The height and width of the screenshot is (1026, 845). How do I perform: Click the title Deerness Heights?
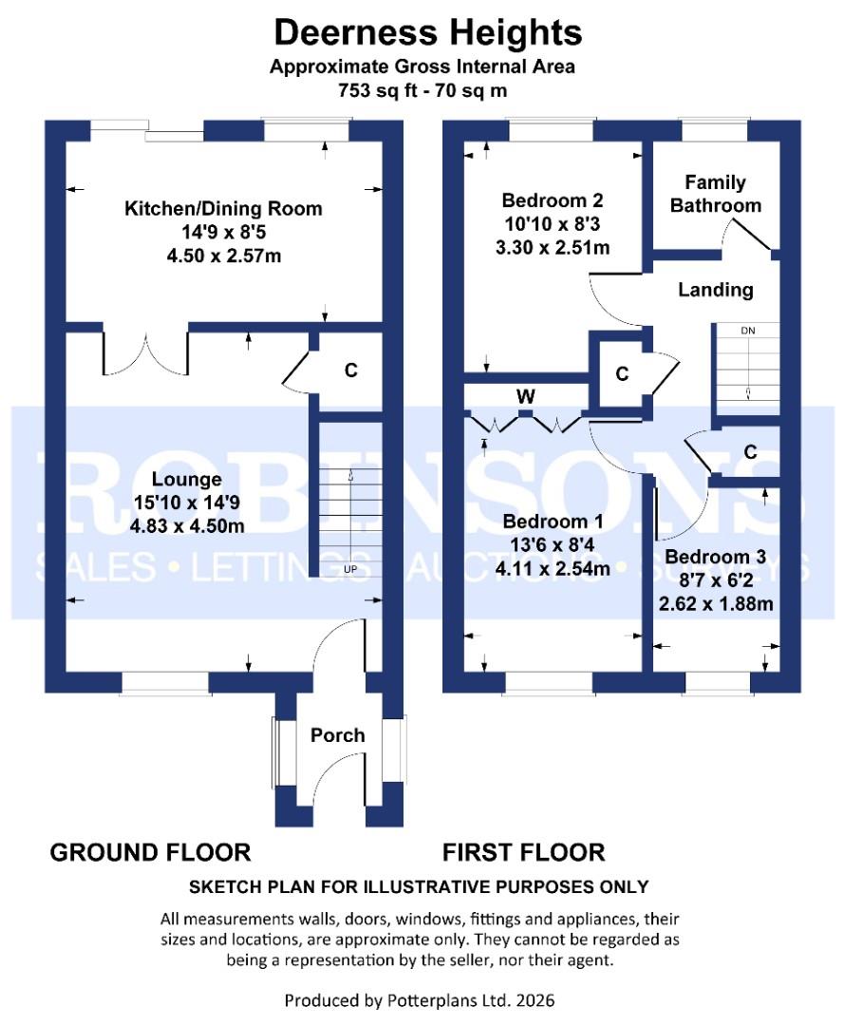(x=427, y=33)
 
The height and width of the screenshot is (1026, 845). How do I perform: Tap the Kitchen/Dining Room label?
(x=224, y=208)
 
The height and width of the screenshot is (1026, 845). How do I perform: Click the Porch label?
(x=337, y=735)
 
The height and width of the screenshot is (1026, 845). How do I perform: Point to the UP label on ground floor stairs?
(x=350, y=570)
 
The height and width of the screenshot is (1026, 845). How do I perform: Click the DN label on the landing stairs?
(x=747, y=331)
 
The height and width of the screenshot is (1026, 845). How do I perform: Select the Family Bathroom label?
(x=716, y=193)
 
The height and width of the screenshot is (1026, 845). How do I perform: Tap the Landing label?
(x=715, y=290)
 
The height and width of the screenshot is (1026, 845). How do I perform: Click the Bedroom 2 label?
(x=552, y=200)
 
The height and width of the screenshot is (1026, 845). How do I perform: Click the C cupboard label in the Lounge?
(x=350, y=370)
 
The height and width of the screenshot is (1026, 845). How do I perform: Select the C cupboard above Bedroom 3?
(x=750, y=452)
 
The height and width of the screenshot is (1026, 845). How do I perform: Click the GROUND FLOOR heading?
(x=150, y=851)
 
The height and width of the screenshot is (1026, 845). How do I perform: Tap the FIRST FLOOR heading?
(x=523, y=851)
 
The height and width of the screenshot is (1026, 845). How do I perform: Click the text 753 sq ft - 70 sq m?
(x=422, y=91)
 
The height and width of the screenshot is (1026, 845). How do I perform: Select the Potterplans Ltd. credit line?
(x=420, y=1000)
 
